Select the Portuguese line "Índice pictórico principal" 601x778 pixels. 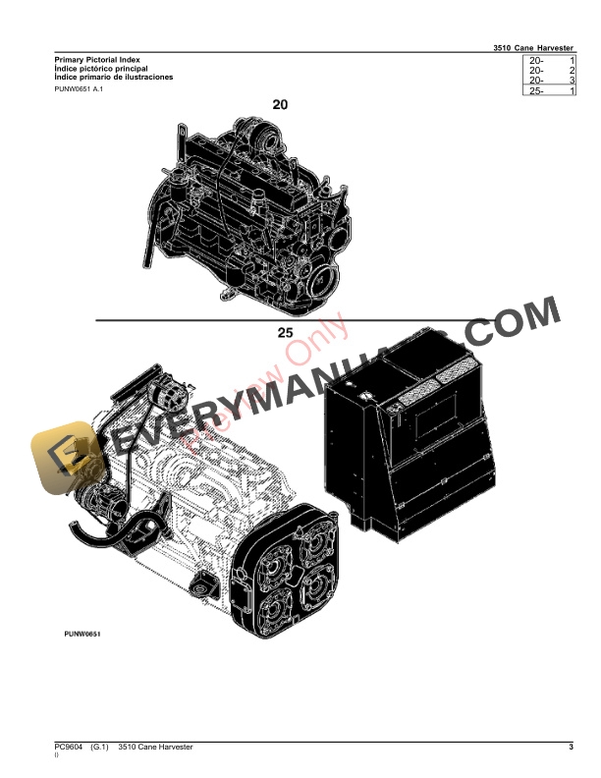(x=101, y=69)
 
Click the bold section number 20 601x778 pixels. (x=280, y=103)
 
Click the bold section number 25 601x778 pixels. (x=285, y=333)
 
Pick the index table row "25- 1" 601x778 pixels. (x=551, y=90)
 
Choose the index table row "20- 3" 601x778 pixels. (x=551, y=81)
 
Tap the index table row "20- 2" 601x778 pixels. (x=551, y=71)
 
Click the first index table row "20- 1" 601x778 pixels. (x=551, y=61)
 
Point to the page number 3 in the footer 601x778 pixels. (x=571, y=750)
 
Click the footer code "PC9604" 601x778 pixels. (x=70, y=750)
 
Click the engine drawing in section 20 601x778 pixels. (x=246, y=211)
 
